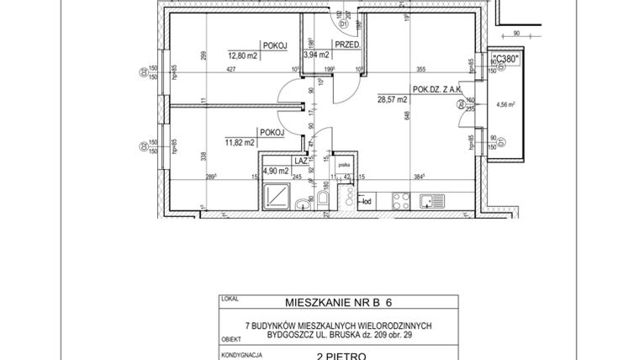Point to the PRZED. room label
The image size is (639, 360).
coord(347,44)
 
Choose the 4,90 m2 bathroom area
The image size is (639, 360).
coord(277,171)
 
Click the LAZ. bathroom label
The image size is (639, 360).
coord(300,159)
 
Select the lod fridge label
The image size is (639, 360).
coord(367,201)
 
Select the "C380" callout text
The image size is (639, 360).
coord(505,58)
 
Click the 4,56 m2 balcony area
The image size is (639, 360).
coord(508,106)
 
